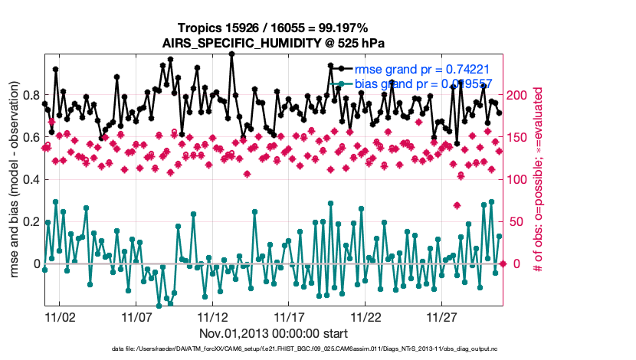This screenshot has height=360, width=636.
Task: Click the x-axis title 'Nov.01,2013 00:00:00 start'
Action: [x=274, y=333]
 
